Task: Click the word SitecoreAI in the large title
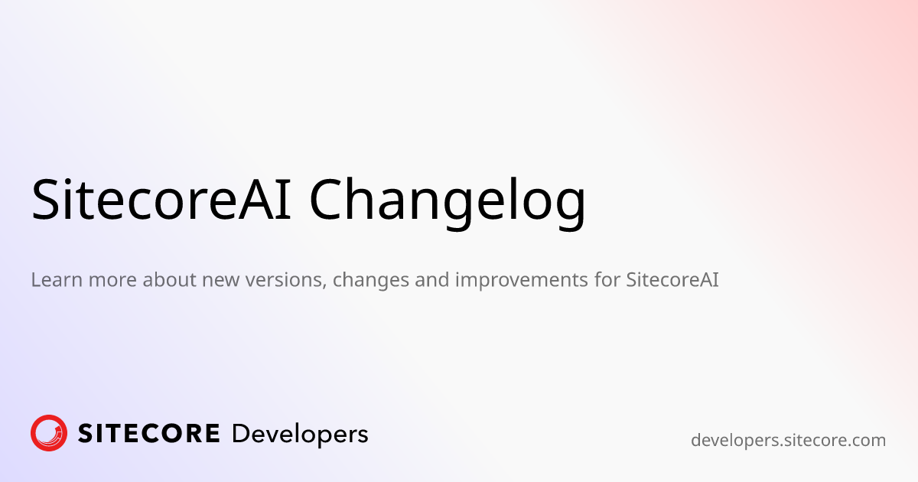pyautogui.click(x=161, y=200)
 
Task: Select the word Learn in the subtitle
pyautogui.click(x=56, y=280)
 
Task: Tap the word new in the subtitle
pyautogui.click(x=220, y=280)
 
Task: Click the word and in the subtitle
pyautogui.click(x=432, y=280)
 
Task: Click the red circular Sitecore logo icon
pyautogui.click(x=49, y=433)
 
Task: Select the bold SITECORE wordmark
pyautogui.click(x=149, y=434)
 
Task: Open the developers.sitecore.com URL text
pyautogui.click(x=788, y=441)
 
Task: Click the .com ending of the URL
pyautogui.click(x=866, y=441)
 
